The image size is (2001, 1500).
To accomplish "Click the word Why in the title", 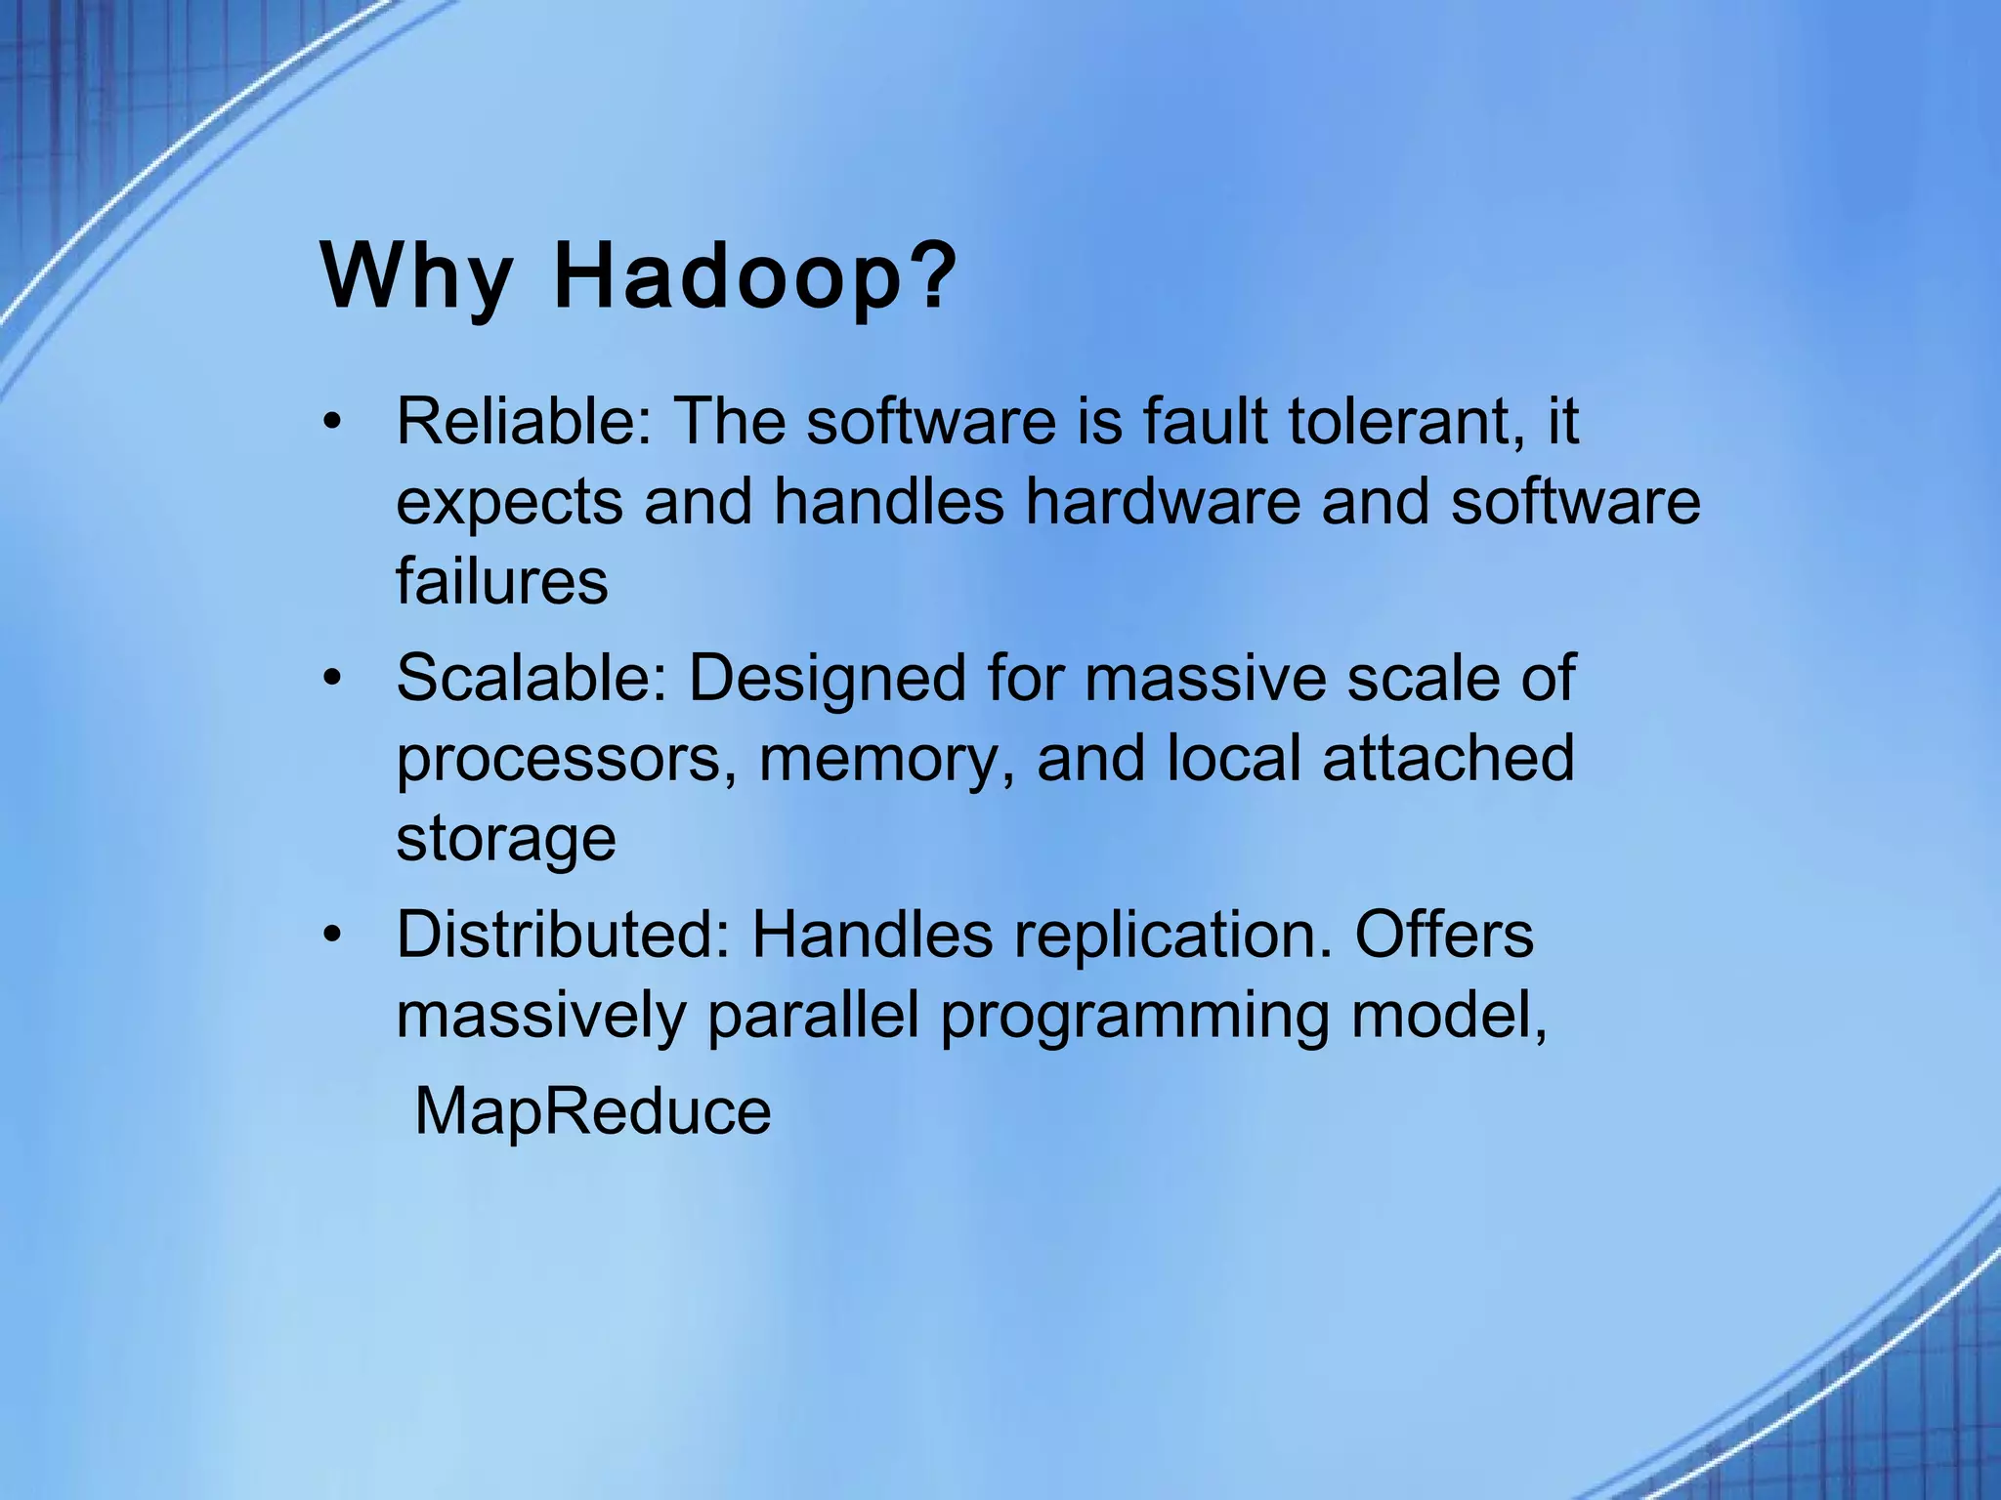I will pyautogui.click(x=415, y=278).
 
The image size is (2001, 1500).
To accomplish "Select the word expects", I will pyautogui.click(x=509, y=504).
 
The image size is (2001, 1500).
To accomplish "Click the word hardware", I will pyautogui.click(x=1163, y=502).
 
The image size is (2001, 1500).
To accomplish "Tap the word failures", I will pyautogui.click(x=501, y=582).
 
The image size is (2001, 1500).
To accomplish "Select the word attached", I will pyautogui.click(x=1448, y=759).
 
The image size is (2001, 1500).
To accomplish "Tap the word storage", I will pyautogui.click(x=505, y=840).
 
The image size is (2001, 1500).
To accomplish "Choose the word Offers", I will pyautogui.click(x=1443, y=935).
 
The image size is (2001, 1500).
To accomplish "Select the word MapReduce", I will pyautogui.click(x=592, y=1111).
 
